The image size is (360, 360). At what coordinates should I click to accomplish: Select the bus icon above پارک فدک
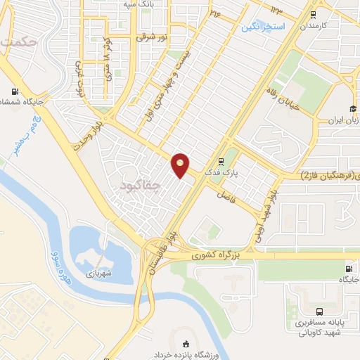pyautogui.click(x=222, y=159)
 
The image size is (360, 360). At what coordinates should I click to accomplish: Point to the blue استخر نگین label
pyautogui.click(x=263, y=27)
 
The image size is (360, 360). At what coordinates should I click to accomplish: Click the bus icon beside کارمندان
pyautogui.click(x=313, y=13)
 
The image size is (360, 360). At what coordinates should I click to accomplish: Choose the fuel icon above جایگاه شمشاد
pyautogui.click(x=15, y=91)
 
